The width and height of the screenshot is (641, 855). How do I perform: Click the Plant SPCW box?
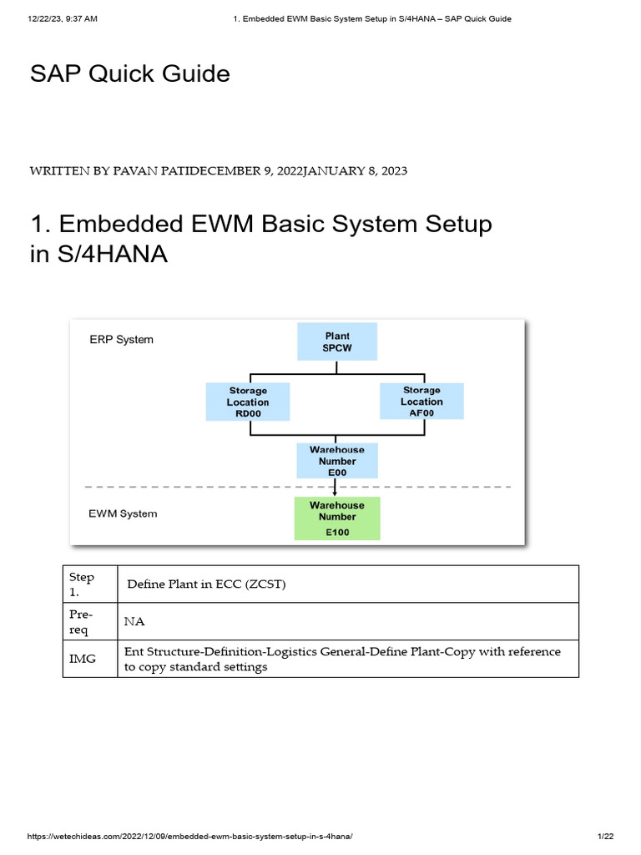tap(337, 341)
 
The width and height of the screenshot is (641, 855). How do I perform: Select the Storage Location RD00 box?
tap(248, 402)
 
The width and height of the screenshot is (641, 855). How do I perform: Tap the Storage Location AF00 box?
tap(421, 402)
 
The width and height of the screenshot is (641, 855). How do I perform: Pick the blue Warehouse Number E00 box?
tap(337, 461)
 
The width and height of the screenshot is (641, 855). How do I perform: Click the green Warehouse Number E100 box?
tap(337, 518)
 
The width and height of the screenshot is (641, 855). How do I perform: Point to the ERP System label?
tap(122, 340)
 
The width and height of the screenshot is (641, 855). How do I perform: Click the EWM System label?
tap(123, 514)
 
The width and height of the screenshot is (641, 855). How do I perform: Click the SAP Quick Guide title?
tap(129, 74)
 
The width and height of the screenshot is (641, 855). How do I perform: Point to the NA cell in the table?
tap(134, 621)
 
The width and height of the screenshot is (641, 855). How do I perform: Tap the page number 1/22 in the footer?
tap(605, 837)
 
